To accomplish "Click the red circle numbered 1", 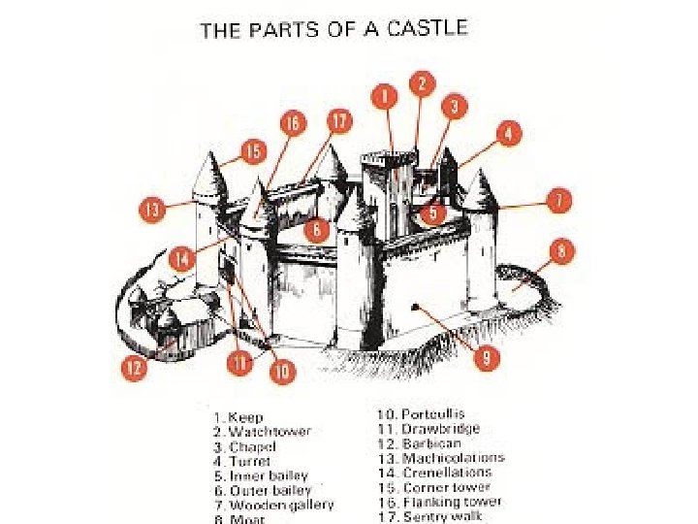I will [x=385, y=95].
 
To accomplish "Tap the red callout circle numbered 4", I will [x=509, y=133].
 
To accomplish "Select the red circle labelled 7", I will [x=557, y=201].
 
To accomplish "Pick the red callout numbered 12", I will [x=134, y=367].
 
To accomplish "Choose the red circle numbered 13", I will [x=151, y=208].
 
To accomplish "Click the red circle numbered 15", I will [x=254, y=151].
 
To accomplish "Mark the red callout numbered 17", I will [x=339, y=121].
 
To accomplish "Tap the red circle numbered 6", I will [x=316, y=230].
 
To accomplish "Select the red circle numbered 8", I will [x=561, y=251].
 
